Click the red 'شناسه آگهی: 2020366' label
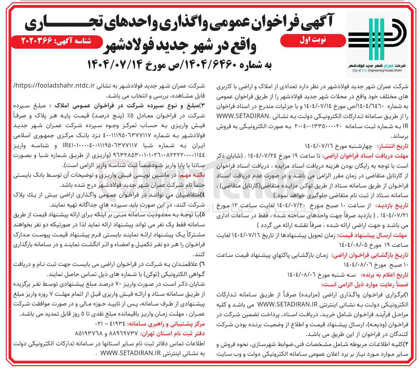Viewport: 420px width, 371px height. coord(57,41)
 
